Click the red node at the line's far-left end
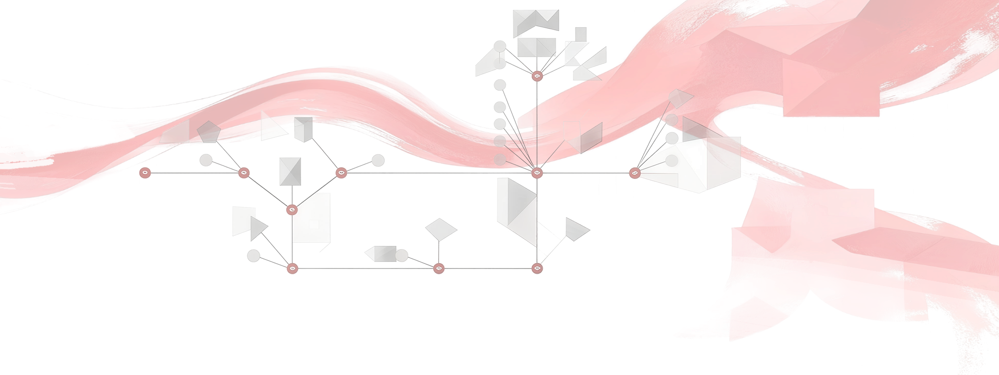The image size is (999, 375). coord(145,173)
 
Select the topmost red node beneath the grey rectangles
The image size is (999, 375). coord(537,76)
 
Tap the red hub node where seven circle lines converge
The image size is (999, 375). coord(537,173)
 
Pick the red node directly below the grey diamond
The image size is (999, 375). coord(439,268)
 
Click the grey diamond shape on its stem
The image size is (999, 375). coord(441,229)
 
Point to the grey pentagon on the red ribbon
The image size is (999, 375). coord(209,131)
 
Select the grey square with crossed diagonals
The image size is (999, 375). coord(290,171)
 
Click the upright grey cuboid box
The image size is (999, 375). coord(303,129)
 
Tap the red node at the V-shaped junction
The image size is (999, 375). coord(292,210)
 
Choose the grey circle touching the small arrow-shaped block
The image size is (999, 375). coord(402,255)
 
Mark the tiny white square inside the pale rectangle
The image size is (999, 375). coord(314,225)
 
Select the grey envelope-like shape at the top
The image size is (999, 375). coord(536,22)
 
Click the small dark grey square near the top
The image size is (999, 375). coord(580,34)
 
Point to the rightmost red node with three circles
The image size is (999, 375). coord(634,173)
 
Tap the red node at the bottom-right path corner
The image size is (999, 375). coord(537,268)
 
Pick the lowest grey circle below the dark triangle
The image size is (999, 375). coord(254,255)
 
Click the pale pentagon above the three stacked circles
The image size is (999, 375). coord(680,98)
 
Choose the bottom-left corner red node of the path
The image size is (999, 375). coord(292,268)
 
